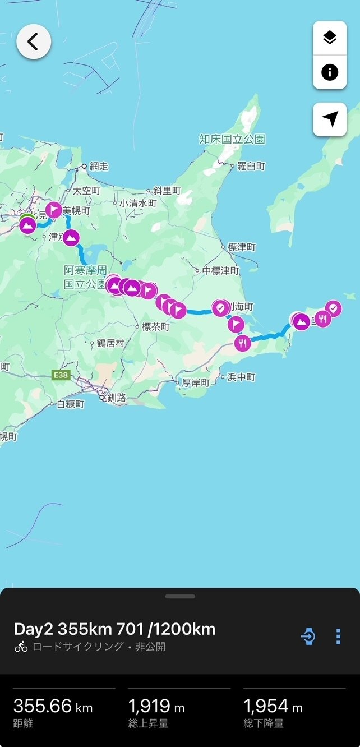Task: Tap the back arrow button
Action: pyautogui.click(x=34, y=41)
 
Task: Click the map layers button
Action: pyautogui.click(x=330, y=38)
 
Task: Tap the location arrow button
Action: pyautogui.click(x=330, y=119)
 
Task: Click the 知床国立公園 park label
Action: pyautogui.click(x=232, y=139)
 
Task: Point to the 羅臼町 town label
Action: pyautogui.click(x=251, y=166)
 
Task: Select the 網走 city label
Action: pyautogui.click(x=98, y=166)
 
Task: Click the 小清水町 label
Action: pyautogui.click(x=138, y=204)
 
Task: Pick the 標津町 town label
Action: pyautogui.click(x=242, y=247)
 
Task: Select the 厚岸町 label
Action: pyautogui.click(x=196, y=382)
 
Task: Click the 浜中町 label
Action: pyautogui.click(x=241, y=377)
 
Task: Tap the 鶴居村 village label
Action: pyautogui.click(x=109, y=343)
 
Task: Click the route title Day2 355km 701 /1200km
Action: pyautogui.click(x=114, y=629)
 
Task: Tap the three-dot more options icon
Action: pyautogui.click(x=338, y=637)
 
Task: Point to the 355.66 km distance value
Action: pyautogui.click(x=53, y=706)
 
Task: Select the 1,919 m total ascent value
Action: pyautogui.click(x=156, y=706)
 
